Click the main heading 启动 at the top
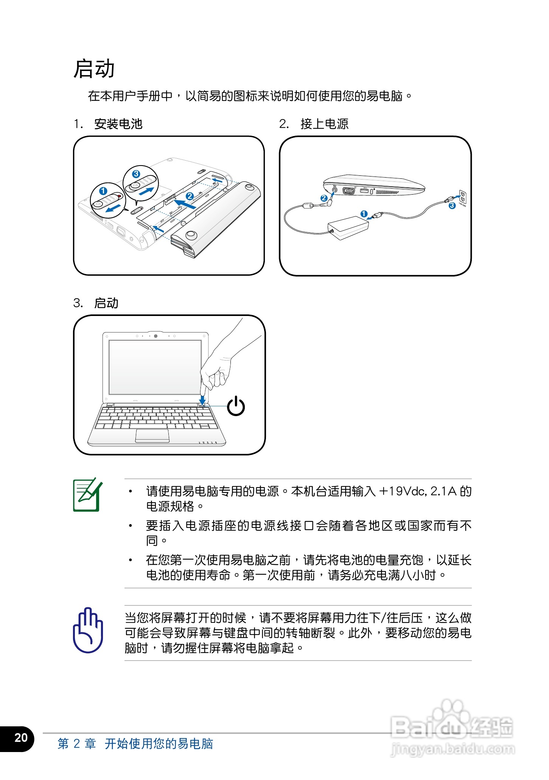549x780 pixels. click(x=94, y=69)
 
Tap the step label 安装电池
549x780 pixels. click(x=118, y=124)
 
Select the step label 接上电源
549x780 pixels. click(x=324, y=124)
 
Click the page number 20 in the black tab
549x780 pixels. click(x=21, y=737)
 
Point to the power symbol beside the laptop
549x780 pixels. click(x=236, y=406)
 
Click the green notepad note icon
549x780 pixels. click(x=87, y=495)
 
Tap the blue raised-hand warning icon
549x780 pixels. click(x=88, y=630)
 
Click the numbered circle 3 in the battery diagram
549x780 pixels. click(x=136, y=174)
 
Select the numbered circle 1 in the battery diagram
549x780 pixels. click(x=103, y=191)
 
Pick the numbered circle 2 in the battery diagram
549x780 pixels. click(x=190, y=196)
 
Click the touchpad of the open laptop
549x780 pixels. click(x=152, y=435)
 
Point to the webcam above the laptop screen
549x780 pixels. click(x=156, y=336)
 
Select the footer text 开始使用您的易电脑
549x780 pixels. click(x=159, y=743)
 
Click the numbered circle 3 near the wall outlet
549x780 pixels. click(x=452, y=206)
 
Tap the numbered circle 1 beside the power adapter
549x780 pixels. click(x=364, y=214)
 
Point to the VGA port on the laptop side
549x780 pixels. click(x=348, y=191)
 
